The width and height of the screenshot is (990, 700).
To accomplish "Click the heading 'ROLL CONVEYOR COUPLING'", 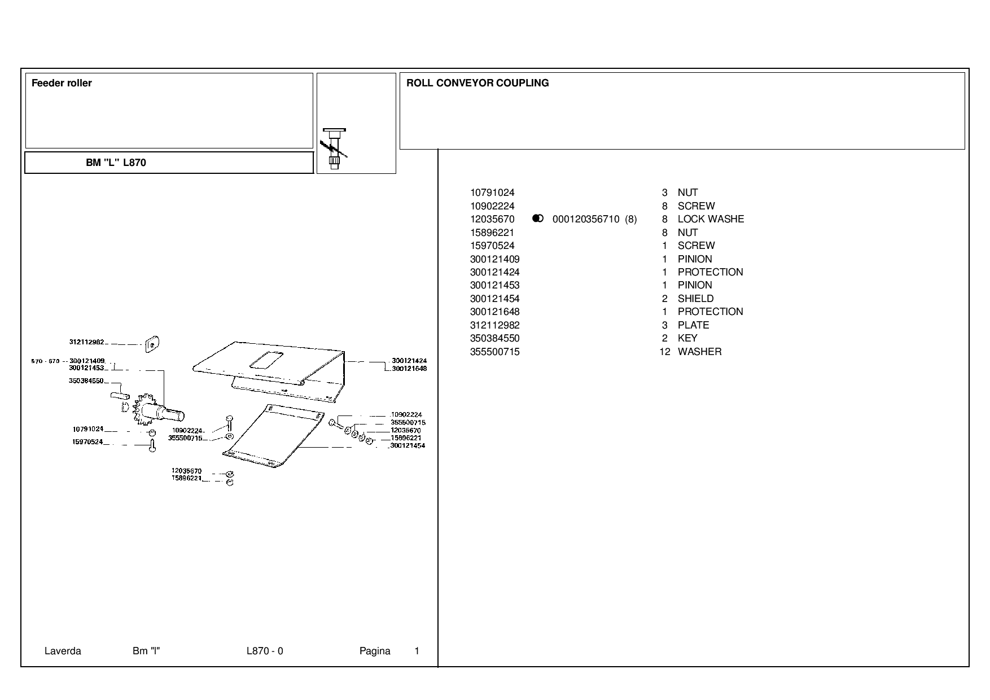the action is [x=478, y=83].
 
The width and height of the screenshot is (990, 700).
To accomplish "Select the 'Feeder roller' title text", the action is [x=62, y=83].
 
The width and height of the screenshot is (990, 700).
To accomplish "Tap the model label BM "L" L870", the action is [x=116, y=163].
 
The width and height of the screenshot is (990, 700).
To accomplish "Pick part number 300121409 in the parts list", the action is [x=494, y=259].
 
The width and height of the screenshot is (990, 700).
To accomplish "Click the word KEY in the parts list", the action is [x=687, y=338].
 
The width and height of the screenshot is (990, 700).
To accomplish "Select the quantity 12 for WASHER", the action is [x=665, y=352].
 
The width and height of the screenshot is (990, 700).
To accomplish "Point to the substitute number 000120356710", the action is [x=586, y=219].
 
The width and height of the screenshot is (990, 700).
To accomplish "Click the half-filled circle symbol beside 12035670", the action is [x=538, y=218].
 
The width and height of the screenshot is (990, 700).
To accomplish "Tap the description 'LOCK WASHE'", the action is [x=711, y=219].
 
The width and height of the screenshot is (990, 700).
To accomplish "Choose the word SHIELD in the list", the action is [x=695, y=299].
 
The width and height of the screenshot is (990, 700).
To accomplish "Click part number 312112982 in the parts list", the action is [x=494, y=325].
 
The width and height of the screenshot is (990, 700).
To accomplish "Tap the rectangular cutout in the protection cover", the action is [x=266, y=360].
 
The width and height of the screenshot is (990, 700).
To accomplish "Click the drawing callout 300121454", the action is [x=408, y=445].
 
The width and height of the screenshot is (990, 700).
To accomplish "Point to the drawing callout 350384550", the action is [x=86, y=381].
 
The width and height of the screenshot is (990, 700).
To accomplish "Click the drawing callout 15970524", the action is [x=87, y=442].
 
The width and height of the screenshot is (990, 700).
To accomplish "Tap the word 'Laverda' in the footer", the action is [x=63, y=651].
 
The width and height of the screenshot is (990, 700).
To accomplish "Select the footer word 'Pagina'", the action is [x=375, y=651].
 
